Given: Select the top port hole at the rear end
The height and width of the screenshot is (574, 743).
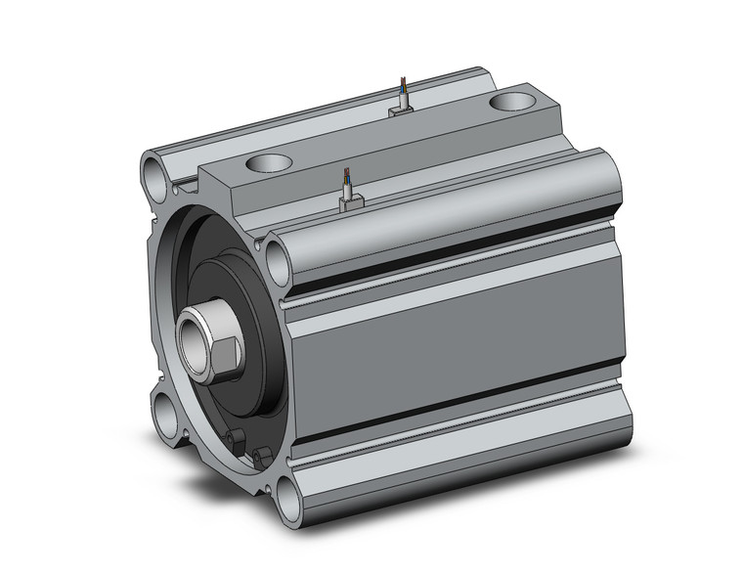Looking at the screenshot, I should [511, 101].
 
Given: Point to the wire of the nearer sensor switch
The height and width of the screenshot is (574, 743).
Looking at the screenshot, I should [345, 181].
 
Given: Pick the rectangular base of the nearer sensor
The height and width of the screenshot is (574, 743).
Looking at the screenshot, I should [349, 202].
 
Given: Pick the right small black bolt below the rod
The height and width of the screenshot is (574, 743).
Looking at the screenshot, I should [259, 454].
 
